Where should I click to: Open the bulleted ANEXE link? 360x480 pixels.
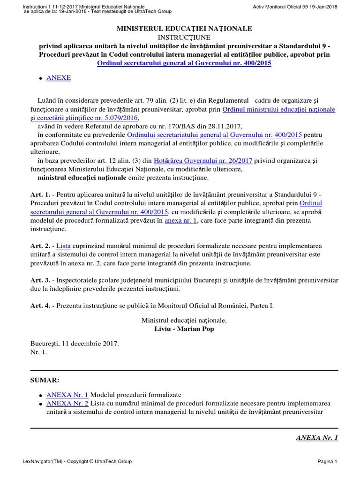(x=59, y=78)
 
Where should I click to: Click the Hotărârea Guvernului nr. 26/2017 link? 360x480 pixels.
(x=203, y=160)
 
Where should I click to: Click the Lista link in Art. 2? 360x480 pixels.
(x=63, y=246)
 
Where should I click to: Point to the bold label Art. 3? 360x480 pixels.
(x=39, y=280)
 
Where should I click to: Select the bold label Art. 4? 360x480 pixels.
(x=39, y=306)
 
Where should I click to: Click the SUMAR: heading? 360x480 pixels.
(x=45, y=380)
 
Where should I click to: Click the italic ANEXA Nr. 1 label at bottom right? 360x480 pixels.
(x=317, y=438)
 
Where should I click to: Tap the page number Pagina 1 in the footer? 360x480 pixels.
(x=327, y=462)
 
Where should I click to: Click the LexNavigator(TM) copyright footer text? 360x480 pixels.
(x=77, y=462)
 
